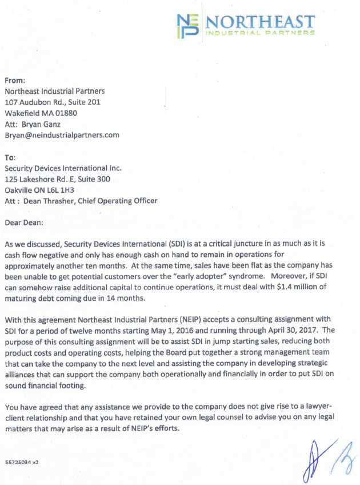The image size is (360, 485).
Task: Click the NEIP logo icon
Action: pos(187,26)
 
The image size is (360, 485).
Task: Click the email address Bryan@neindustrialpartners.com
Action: pos(62,136)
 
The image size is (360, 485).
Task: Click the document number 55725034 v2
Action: pos(22,459)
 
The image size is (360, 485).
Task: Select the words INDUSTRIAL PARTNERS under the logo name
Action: pos(260,33)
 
